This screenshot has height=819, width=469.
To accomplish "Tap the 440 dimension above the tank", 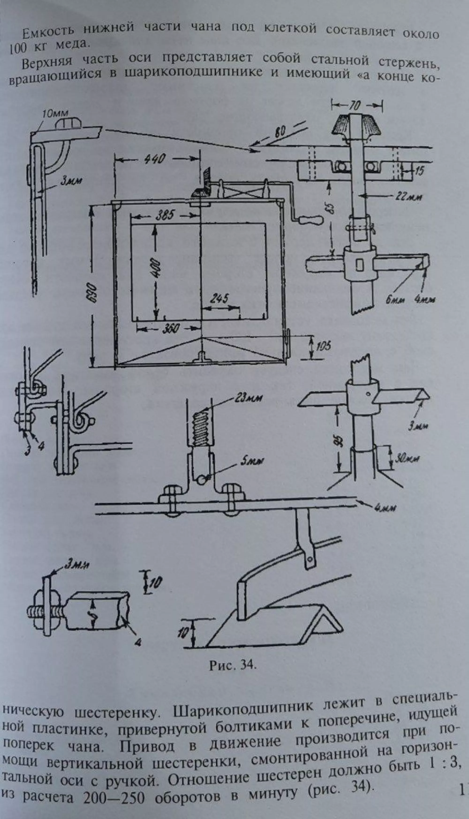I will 155,159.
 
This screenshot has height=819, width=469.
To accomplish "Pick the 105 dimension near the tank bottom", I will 323,347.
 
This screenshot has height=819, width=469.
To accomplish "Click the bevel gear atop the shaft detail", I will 356,127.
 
